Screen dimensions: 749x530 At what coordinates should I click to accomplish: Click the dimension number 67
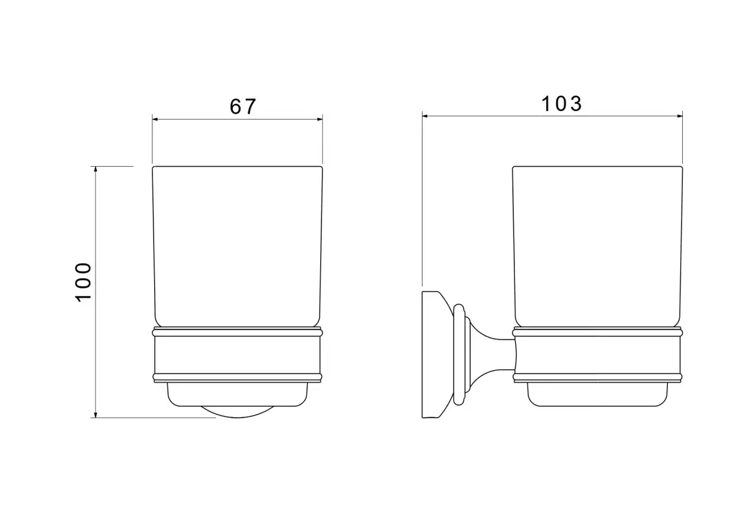point(243,106)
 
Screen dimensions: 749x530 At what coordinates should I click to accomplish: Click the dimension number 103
point(561,104)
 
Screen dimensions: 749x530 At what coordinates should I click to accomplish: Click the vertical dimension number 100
point(83,283)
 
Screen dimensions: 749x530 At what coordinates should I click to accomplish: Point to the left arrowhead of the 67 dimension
point(155,119)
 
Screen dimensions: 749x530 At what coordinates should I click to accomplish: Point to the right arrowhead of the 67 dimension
point(320,119)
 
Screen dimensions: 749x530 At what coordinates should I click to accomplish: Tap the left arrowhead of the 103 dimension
point(425,116)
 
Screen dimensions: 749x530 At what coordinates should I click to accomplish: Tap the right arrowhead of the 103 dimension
point(680,116)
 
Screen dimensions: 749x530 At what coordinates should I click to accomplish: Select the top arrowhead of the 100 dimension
point(95,169)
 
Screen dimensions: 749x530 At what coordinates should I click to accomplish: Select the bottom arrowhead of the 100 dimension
point(95,415)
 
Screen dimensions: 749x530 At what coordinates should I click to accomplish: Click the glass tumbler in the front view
point(237,246)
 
